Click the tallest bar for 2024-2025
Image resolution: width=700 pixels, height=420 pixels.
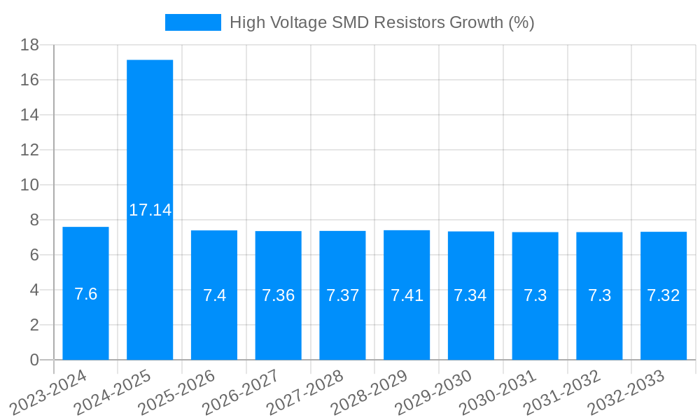click(150, 140)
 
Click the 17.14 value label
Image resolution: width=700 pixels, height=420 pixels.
click(150, 209)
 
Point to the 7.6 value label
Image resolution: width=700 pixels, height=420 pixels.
click(85, 294)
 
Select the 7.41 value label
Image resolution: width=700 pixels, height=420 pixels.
click(407, 295)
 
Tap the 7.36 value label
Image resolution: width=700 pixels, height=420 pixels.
click(279, 295)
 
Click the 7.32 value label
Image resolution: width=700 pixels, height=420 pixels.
click(664, 295)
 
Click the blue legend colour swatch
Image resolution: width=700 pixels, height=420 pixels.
click(192, 22)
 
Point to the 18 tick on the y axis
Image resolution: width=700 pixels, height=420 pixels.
click(29, 45)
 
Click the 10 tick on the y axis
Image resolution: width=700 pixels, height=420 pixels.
click(29, 185)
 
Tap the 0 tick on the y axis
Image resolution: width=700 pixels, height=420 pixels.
click(34, 360)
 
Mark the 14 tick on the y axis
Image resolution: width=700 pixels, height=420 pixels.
click(29, 115)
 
